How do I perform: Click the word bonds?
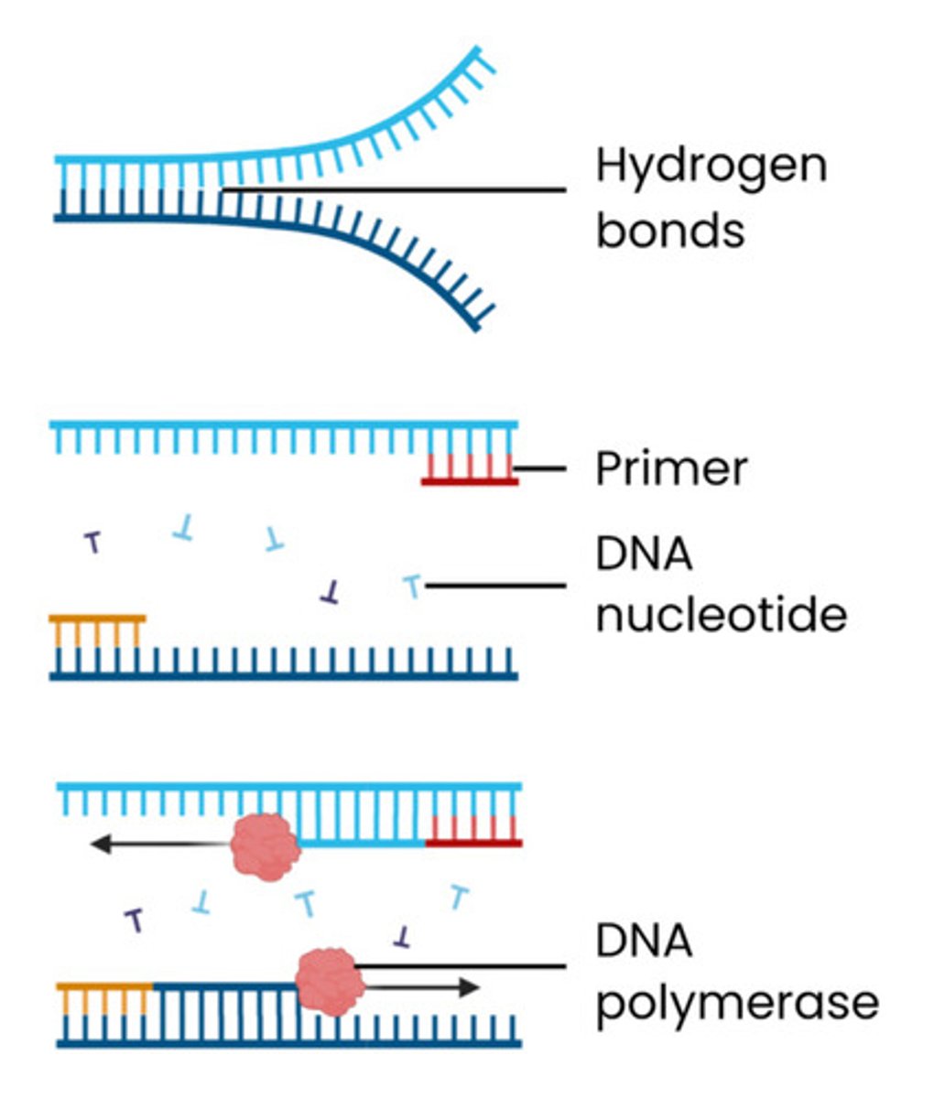669,230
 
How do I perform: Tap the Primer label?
671,468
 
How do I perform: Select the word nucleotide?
721,615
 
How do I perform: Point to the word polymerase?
736,1003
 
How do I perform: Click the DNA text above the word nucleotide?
644,554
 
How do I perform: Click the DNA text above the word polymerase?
644,942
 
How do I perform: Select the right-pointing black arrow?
421,987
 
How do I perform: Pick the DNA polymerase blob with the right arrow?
330,981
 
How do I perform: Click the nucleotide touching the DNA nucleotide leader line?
413,586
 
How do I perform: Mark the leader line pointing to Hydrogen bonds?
394,190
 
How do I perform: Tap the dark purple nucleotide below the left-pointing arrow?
135,919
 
